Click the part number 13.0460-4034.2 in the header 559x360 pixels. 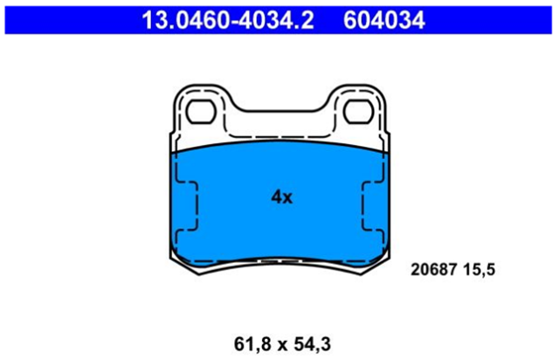point(228,20)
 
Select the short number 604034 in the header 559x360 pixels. point(384,20)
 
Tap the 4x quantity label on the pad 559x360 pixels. point(281,197)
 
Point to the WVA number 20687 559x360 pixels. point(434,270)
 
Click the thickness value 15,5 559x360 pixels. point(480,270)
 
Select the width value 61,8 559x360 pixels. point(252,344)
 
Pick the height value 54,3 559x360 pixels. point(312,344)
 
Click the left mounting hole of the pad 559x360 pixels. point(201,112)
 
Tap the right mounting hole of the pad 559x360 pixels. point(358,112)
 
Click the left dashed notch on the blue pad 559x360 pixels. point(186,206)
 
